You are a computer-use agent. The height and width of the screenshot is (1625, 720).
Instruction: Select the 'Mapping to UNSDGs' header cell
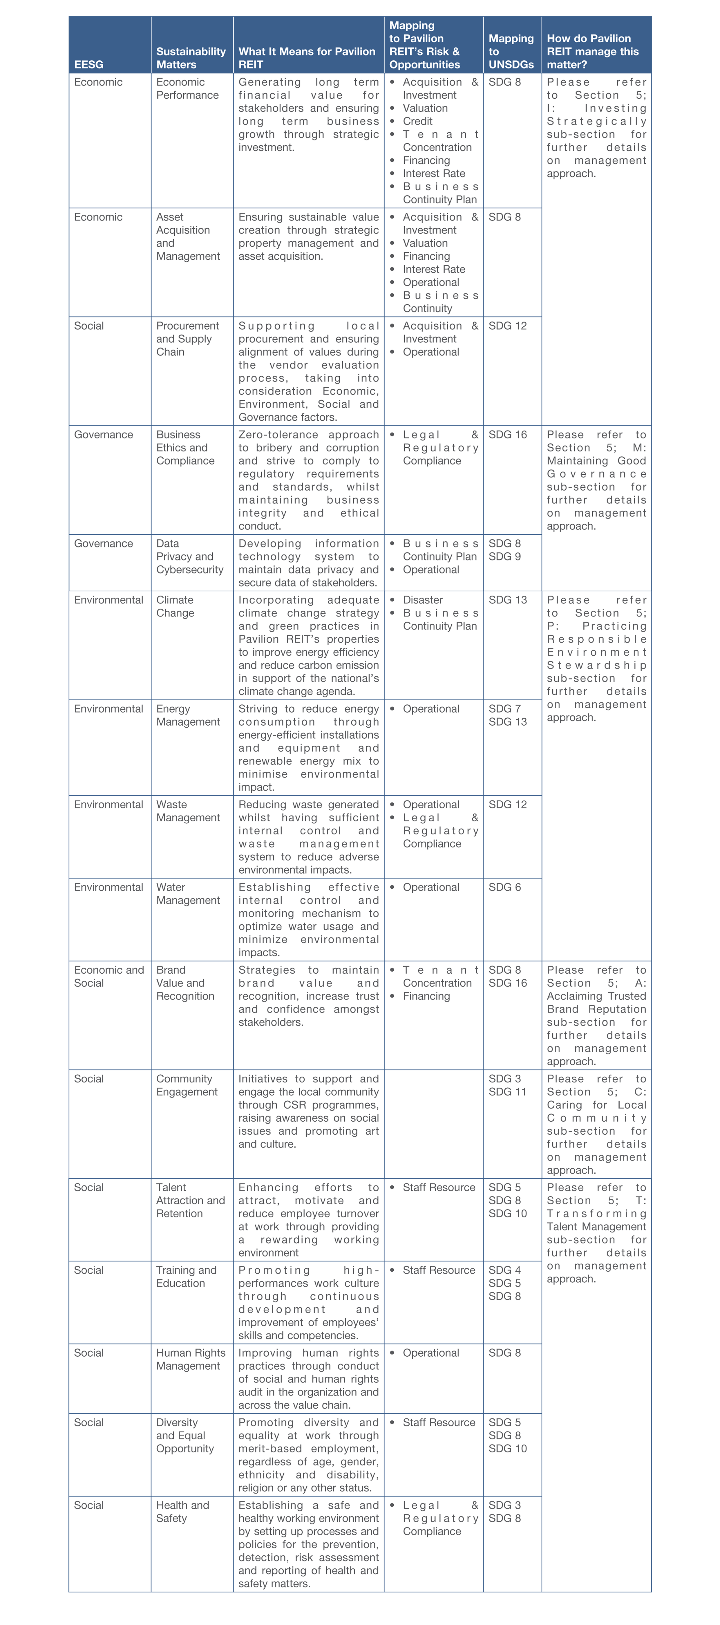511,51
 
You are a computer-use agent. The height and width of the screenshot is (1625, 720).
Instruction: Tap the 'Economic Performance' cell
187,88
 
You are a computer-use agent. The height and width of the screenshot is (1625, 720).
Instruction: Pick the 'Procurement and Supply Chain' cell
187,339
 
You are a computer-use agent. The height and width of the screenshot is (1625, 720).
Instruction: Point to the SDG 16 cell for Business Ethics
508,435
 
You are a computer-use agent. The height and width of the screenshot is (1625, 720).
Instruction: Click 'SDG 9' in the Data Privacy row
504,556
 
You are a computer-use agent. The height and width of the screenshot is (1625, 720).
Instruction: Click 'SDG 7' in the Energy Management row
504,709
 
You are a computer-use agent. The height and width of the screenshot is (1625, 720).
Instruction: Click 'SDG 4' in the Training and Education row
504,1270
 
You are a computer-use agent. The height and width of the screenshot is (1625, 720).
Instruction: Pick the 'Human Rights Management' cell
190,1360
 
